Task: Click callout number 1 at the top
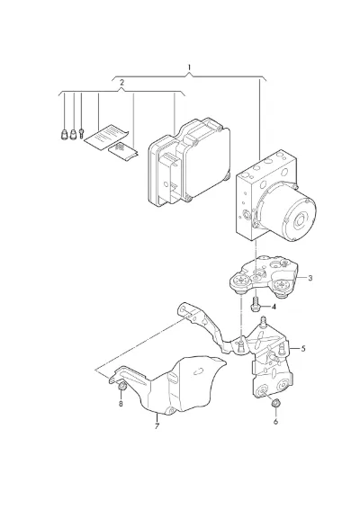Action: (189, 68)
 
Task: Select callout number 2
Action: (121, 83)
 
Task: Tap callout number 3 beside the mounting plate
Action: (310, 278)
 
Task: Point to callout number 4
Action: (274, 307)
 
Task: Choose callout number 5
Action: (303, 349)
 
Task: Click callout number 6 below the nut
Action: (275, 422)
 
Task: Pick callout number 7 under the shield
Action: (157, 426)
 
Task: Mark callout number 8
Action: (121, 404)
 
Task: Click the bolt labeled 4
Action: (255, 304)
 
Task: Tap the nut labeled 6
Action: (275, 403)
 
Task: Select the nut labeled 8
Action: (122, 386)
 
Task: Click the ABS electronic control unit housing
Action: (189, 162)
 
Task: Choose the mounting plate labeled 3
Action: (264, 277)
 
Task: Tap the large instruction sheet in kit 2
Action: (105, 137)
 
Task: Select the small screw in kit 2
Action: (81, 133)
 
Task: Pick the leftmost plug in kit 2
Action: (64, 134)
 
